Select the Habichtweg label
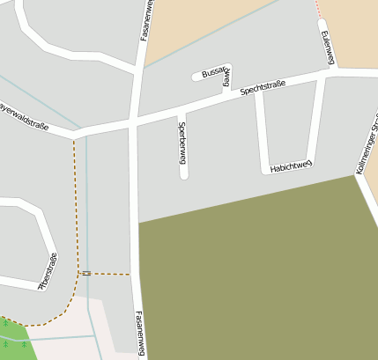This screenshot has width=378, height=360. click(291, 165)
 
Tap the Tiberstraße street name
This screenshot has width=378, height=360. click(48, 271)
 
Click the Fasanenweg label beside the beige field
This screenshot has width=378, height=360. click(146, 19)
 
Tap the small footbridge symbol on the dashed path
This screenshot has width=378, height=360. click(85, 274)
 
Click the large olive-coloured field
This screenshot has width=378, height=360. click(256, 273)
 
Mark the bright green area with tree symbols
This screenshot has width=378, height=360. click(13, 340)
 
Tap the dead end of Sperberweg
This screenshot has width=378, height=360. click(184, 175)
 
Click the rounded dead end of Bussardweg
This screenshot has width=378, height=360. click(196, 77)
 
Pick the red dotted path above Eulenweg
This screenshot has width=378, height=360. click(317, 8)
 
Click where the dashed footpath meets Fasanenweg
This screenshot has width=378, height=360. click(132, 275)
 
